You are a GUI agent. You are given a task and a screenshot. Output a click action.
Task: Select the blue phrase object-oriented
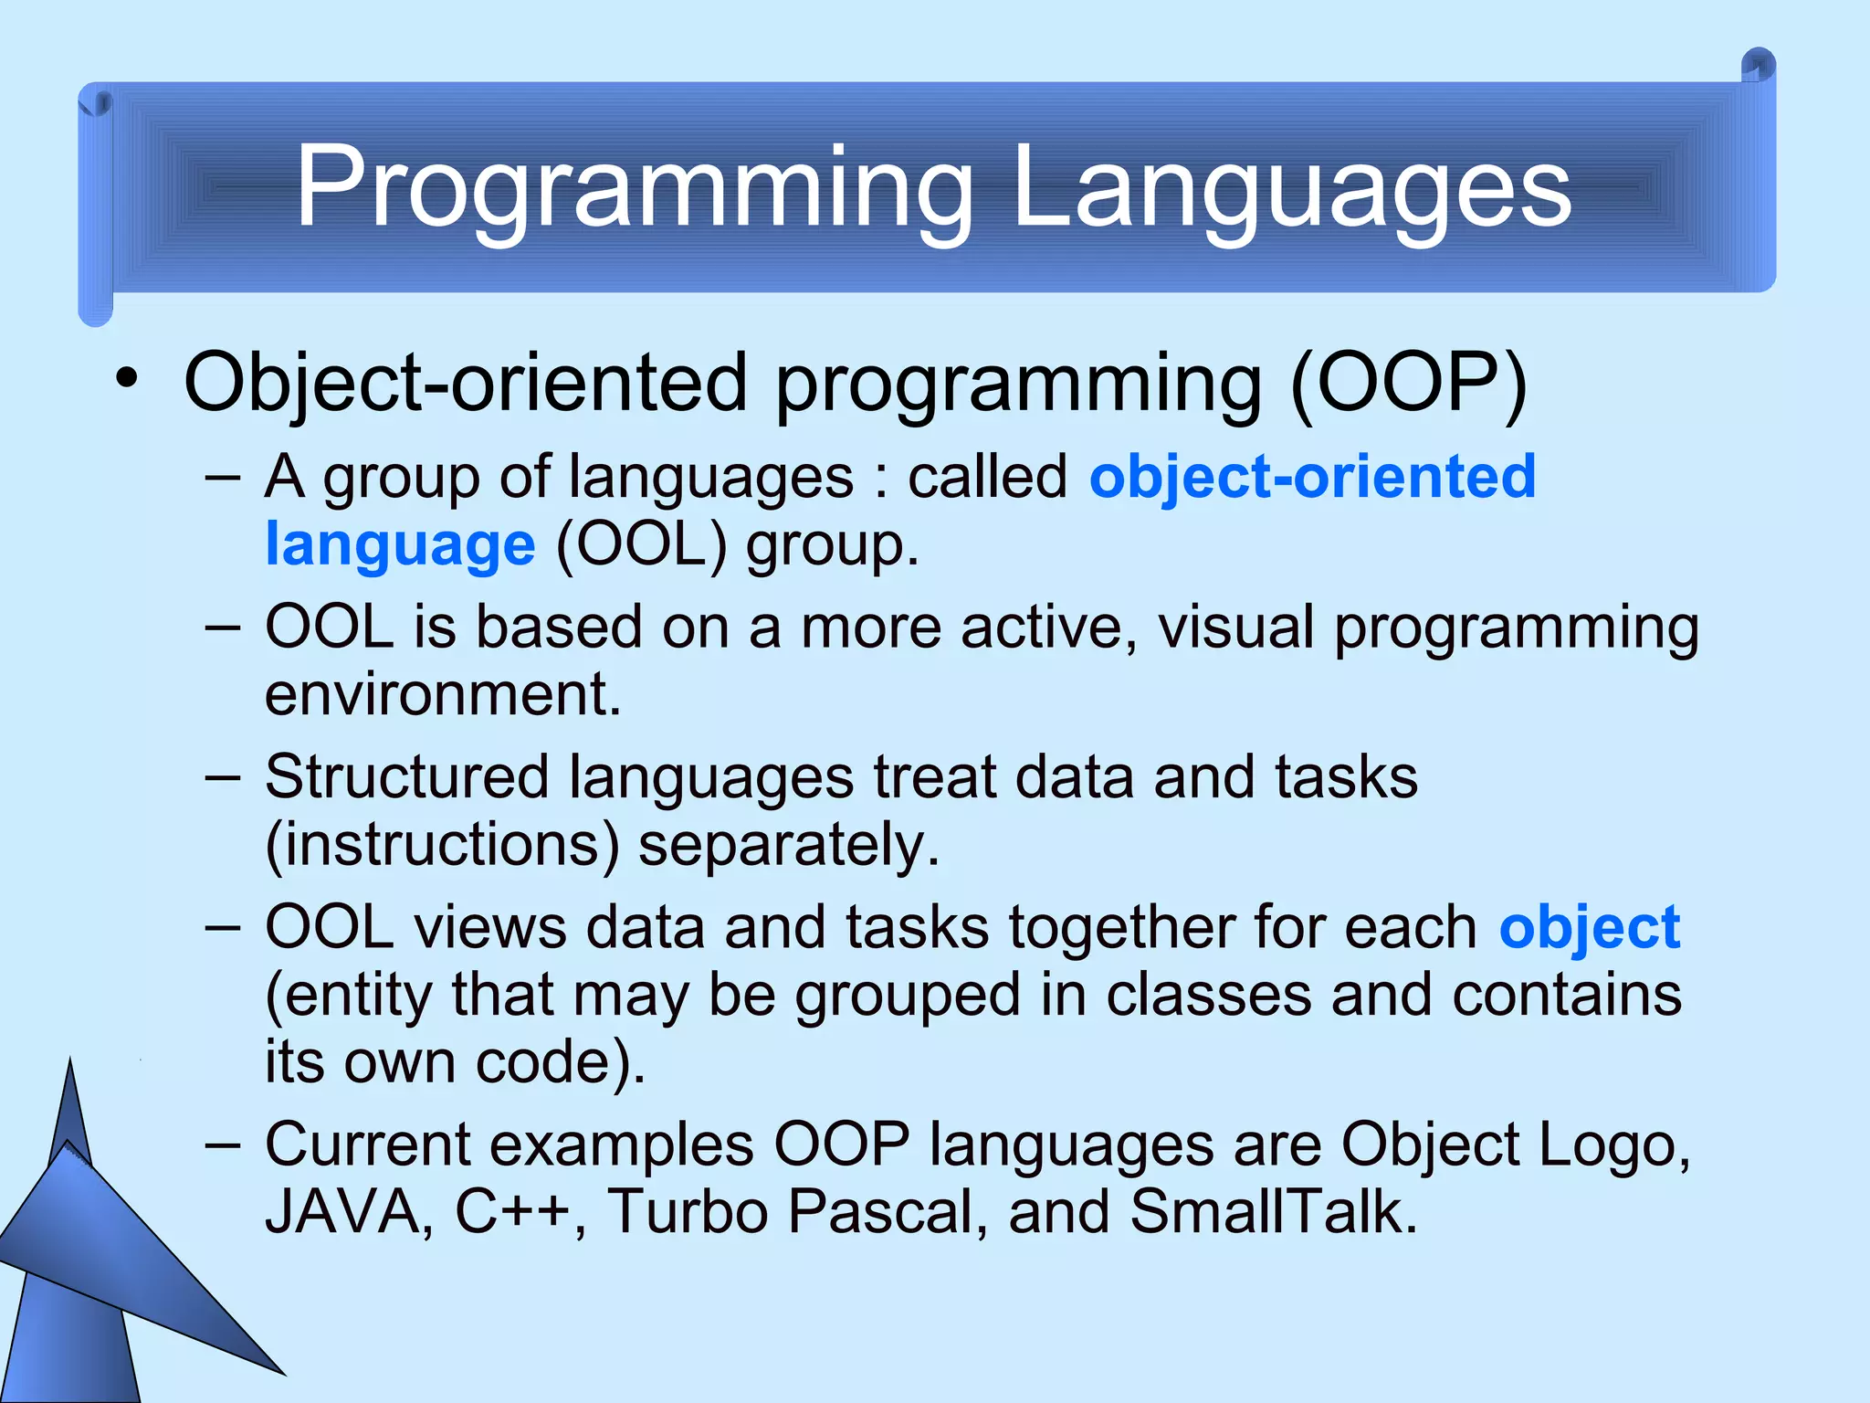click(1312, 477)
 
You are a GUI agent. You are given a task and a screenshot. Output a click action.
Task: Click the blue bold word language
click(400, 545)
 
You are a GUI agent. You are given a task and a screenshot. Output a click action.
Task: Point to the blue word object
click(1589, 928)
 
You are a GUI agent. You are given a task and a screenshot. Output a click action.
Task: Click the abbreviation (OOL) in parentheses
click(641, 545)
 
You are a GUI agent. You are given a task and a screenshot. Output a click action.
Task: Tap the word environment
click(443, 694)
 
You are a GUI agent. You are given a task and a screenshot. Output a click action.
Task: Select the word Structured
click(406, 777)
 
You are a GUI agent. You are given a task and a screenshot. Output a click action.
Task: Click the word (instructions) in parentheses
click(442, 845)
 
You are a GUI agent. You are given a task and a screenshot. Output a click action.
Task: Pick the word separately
click(788, 845)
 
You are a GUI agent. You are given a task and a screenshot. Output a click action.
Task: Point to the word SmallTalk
click(1273, 1212)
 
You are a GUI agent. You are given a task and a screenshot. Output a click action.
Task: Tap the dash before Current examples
click(223, 1144)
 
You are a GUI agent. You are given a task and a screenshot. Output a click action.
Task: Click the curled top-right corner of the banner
click(1758, 66)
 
